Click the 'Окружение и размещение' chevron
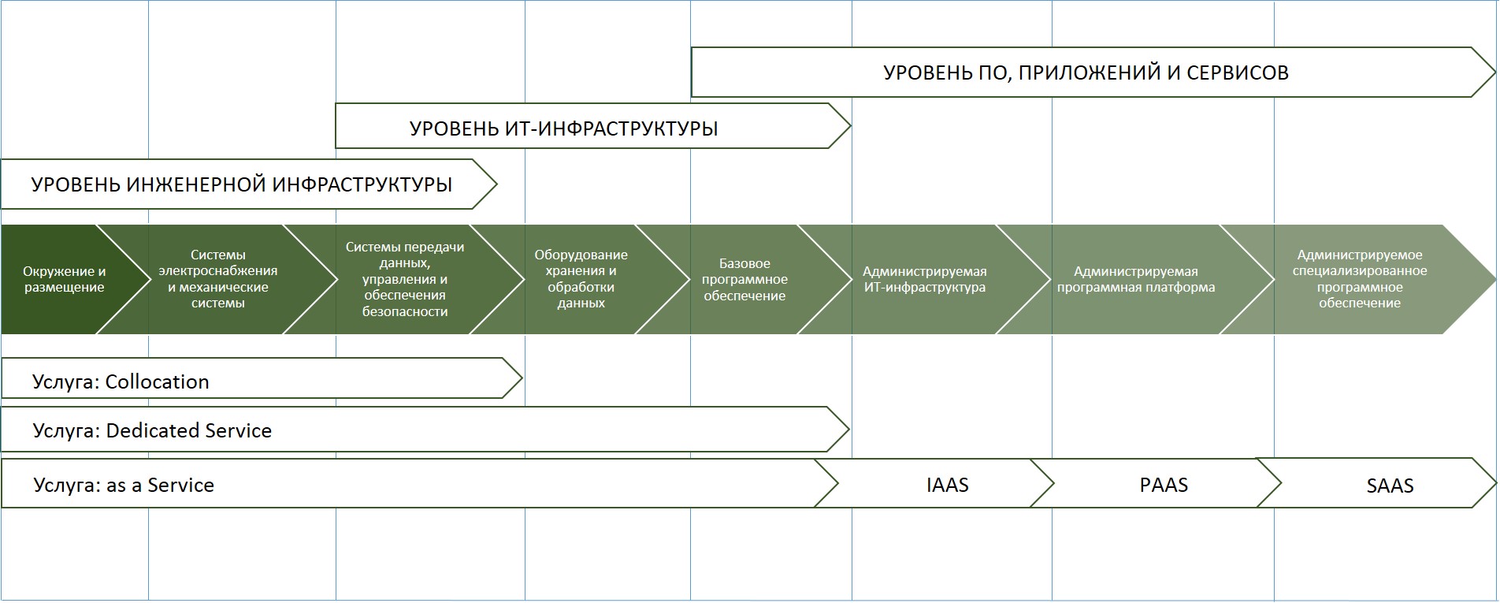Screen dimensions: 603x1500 tap(65, 280)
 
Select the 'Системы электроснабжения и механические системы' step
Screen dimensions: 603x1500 tap(218, 279)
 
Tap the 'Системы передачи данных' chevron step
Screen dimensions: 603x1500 tap(405, 279)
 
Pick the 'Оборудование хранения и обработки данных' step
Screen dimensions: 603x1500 tap(581, 279)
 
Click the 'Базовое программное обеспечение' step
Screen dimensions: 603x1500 tap(744, 280)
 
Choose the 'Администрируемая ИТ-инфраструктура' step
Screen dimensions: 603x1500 tap(924, 280)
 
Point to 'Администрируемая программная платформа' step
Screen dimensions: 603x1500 tap(1135, 280)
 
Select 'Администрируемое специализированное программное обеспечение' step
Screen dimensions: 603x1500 tap(1359, 279)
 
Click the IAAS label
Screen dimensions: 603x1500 tap(947, 485)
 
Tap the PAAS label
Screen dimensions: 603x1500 tap(1164, 485)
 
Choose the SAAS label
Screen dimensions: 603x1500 tap(1390, 486)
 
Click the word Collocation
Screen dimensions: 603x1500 tap(158, 382)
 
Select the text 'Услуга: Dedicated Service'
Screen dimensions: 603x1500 tap(152, 431)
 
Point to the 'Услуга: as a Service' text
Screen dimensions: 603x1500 tap(124, 485)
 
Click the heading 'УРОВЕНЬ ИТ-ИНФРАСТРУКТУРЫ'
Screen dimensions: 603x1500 tap(563, 128)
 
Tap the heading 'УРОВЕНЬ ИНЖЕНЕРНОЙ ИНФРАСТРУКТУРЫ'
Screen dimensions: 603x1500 tap(242, 185)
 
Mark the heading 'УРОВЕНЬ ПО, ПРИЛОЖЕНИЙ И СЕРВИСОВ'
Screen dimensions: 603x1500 tap(1086, 73)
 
